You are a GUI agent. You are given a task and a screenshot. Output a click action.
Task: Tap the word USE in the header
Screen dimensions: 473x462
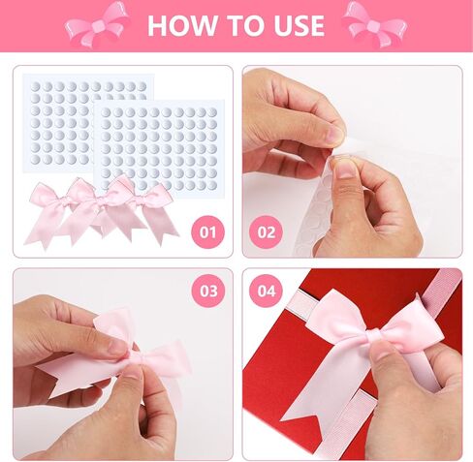tap(300, 25)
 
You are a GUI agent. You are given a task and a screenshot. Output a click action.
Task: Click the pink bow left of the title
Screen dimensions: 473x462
tap(98, 24)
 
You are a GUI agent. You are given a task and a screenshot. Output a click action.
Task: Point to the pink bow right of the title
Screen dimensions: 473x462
tap(375, 24)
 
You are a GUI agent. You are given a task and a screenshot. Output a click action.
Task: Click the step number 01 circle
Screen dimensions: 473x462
tap(207, 232)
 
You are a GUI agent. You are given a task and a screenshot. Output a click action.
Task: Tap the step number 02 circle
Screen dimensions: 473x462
tap(267, 232)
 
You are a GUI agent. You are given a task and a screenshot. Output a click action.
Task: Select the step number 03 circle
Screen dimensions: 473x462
tap(208, 291)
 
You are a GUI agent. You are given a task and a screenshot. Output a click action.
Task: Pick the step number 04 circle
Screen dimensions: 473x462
tap(267, 291)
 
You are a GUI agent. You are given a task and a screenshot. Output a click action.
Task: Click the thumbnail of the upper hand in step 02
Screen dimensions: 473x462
tap(333, 133)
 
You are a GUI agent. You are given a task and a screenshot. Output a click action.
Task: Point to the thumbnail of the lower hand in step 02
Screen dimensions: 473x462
tap(345, 168)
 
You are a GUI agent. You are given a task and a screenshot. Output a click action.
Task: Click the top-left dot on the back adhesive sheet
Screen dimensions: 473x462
tap(35, 86)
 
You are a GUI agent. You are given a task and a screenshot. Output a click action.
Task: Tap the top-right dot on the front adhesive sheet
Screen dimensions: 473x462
tap(211, 112)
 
